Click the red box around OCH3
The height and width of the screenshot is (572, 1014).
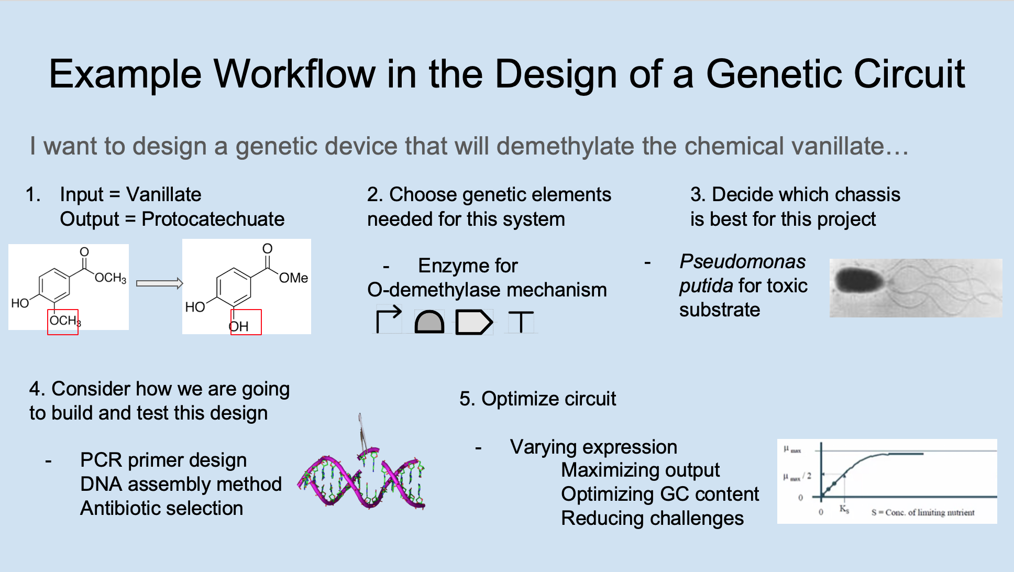[63, 322]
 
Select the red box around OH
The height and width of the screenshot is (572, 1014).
[246, 322]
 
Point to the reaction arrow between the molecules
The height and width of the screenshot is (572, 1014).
[159, 283]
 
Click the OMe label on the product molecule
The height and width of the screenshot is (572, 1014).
[293, 278]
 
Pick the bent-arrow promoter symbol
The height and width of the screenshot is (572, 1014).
[388, 319]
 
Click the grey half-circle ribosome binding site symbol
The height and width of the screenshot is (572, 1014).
[429, 322]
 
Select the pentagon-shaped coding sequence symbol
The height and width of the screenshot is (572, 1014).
[473, 322]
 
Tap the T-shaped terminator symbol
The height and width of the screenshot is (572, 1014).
[521, 322]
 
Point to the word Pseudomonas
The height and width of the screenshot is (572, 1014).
[742, 261]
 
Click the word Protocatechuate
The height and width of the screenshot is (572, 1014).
[213, 219]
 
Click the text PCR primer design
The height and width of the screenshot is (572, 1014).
[163, 460]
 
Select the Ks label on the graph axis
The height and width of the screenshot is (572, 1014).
[844, 509]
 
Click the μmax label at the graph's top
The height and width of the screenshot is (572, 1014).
[792, 449]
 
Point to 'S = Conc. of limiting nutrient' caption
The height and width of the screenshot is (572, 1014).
[922, 512]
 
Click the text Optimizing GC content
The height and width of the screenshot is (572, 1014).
[659, 494]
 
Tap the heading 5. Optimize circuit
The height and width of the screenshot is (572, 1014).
[537, 399]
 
